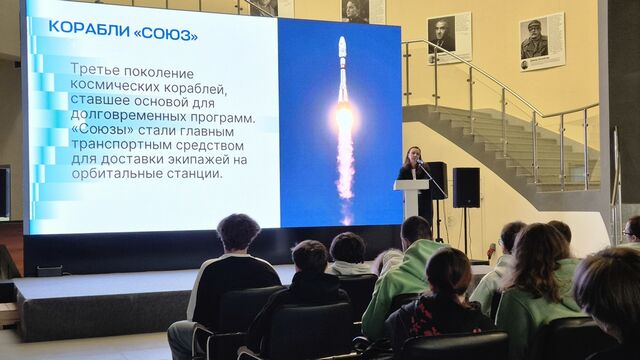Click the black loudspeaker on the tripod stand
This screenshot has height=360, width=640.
click(466, 187)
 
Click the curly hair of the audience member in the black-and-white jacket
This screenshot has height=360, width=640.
click(238, 232)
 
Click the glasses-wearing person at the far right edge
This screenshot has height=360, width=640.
click(631, 231)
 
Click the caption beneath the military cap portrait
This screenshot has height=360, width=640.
click(540, 64)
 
